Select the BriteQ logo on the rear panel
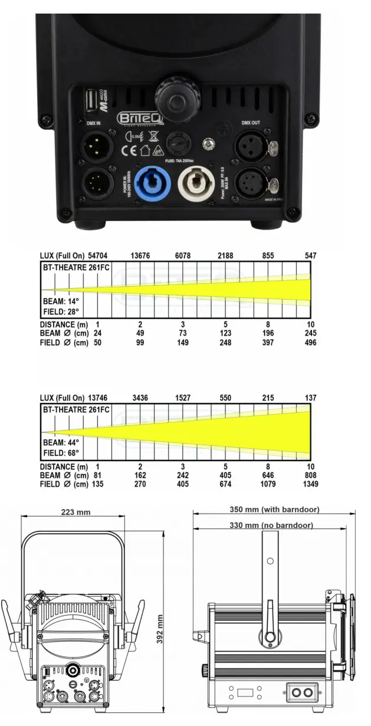pyautogui.click(x=135, y=118)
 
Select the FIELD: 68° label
pyautogui.click(x=61, y=453)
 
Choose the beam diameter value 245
pyautogui.click(x=310, y=333)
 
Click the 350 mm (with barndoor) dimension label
pyautogui.click(x=274, y=509)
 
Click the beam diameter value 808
pyautogui.click(x=310, y=475)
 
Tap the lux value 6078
pyautogui.click(x=183, y=256)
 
